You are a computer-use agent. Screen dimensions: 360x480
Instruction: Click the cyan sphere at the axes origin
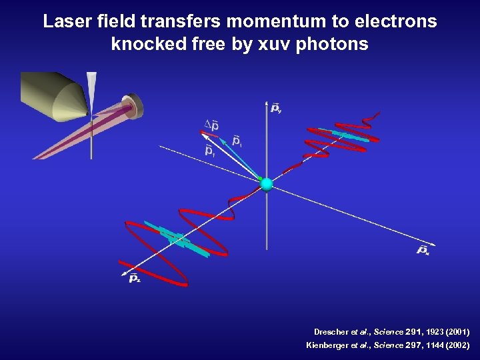(267, 185)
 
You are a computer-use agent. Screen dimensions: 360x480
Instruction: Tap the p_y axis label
(276, 107)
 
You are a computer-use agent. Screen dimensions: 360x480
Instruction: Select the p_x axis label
(423, 250)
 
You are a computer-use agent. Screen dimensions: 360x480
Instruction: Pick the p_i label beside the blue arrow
(237, 141)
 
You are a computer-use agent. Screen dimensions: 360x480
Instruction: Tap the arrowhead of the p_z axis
(124, 271)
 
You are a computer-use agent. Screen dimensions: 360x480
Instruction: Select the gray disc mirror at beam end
(135, 106)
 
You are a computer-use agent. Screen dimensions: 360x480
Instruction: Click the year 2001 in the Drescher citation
(457, 331)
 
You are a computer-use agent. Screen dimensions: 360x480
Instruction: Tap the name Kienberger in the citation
(325, 345)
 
